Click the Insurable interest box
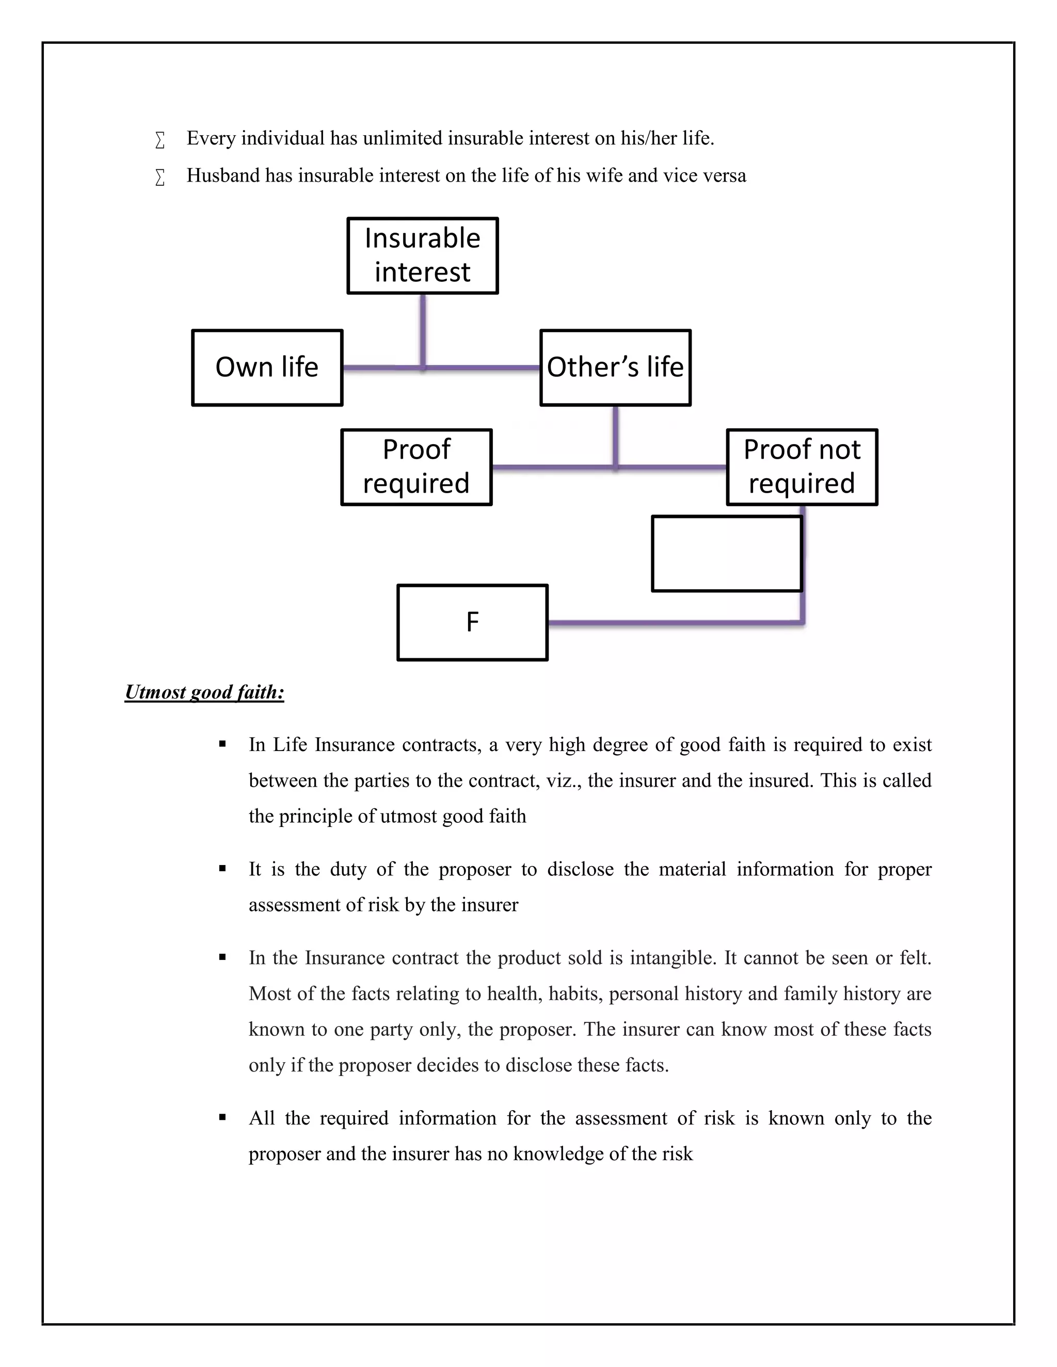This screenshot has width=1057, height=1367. [423, 255]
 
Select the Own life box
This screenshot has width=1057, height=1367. [267, 367]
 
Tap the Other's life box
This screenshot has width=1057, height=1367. [616, 367]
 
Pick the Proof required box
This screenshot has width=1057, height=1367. [417, 467]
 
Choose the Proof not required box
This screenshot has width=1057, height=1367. [802, 467]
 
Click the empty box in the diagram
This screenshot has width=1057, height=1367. [726, 554]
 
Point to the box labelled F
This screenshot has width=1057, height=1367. [472, 622]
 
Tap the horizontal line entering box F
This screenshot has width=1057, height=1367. [670, 623]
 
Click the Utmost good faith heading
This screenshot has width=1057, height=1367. [204, 692]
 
